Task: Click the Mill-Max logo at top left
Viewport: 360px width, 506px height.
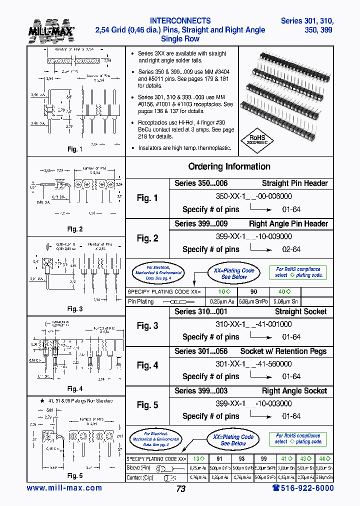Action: tap(54, 31)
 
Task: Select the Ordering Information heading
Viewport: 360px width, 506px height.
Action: tap(229, 166)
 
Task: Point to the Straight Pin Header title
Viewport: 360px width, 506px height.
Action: tap(294, 183)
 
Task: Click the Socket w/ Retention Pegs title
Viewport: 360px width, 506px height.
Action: tap(283, 351)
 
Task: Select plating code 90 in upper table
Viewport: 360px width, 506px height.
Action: tap(254, 291)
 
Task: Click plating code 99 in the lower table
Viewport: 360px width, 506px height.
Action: tap(263, 458)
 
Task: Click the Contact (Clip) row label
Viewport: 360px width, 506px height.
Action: tap(142, 477)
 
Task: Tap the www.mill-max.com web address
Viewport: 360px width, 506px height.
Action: tap(64, 488)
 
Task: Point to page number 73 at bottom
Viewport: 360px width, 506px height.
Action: tap(181, 489)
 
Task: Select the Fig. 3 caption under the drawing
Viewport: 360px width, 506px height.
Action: tap(74, 309)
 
